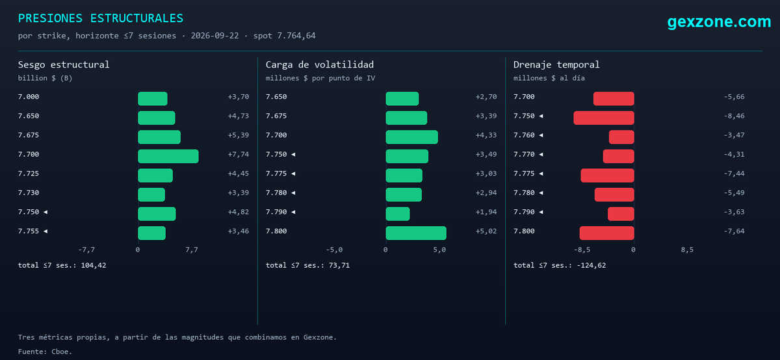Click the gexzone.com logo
tap(719, 21)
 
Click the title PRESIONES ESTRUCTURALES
tap(100, 18)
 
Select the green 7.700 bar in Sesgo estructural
tap(168, 157)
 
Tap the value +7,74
tap(239, 154)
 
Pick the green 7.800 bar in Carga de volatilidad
tap(416, 233)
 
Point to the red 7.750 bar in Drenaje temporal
tap(604, 118)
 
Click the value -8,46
tap(734, 116)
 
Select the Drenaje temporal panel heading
tap(556, 64)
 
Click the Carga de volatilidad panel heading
tap(319, 64)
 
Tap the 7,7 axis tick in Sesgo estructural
tap(192, 250)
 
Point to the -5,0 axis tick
tap(334, 250)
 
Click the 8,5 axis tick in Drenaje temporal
tap(687, 250)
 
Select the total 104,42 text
tap(62, 265)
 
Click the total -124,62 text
tap(560, 265)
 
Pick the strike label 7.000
tap(29, 97)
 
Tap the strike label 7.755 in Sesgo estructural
tap(29, 231)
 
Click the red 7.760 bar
tap(621, 137)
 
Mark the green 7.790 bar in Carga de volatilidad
tap(398, 214)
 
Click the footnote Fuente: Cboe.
tap(45, 352)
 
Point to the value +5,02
tap(486, 231)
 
